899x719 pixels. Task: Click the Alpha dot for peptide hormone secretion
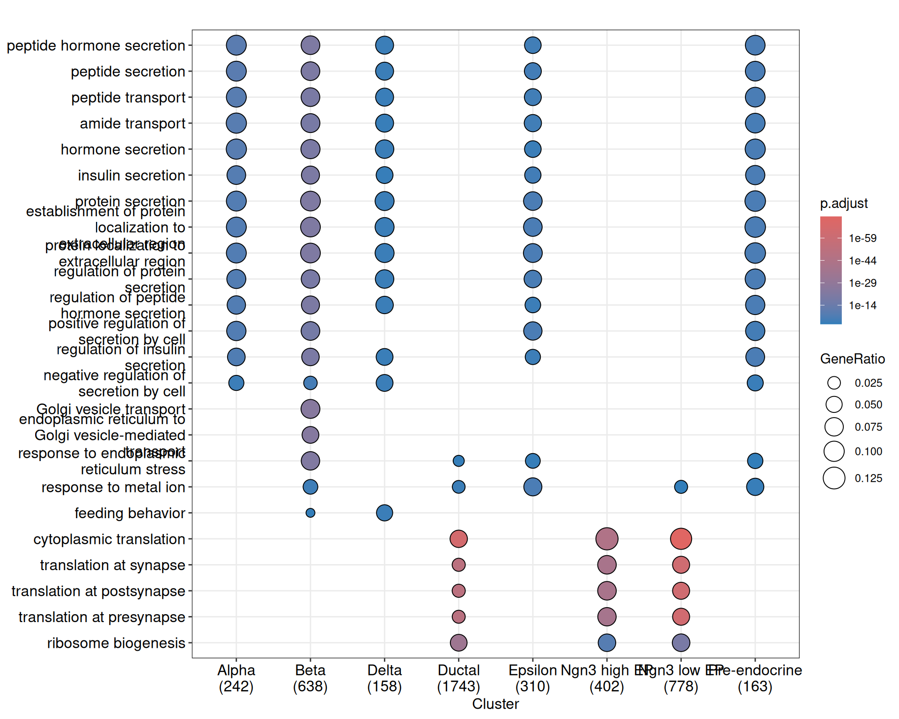tap(236, 45)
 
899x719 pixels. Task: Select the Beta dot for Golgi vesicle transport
tap(310, 409)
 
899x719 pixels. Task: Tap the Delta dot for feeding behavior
tap(384, 513)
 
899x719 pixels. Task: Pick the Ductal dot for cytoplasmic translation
tap(458, 539)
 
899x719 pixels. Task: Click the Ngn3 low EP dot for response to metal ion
tap(681, 487)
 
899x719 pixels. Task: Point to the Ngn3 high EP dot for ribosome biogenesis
tap(607, 643)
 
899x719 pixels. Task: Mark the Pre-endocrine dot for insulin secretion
tap(755, 176)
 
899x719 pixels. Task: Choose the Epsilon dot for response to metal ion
tap(533, 487)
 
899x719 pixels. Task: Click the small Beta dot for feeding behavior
tap(310, 513)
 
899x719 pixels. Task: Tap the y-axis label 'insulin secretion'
tap(132, 176)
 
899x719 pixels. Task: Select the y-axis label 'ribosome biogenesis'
tap(116, 643)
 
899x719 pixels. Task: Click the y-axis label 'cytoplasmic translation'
tap(109, 539)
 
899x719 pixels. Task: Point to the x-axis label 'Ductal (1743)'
tap(458, 678)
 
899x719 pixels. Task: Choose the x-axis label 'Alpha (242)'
tap(236, 678)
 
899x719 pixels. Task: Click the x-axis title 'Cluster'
tap(495, 704)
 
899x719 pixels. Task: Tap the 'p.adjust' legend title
tap(844, 203)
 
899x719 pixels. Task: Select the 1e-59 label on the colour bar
tap(862, 238)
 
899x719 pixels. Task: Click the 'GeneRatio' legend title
tap(852, 359)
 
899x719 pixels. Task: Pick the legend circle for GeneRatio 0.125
tap(834, 478)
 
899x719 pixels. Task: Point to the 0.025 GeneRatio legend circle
tap(834, 383)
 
